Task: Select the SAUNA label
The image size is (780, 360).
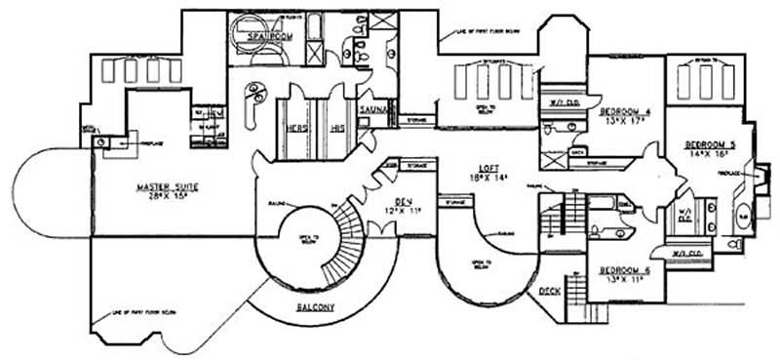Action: click(x=375, y=111)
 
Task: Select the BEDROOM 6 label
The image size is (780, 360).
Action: click(x=624, y=270)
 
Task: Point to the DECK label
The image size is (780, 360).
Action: click(x=550, y=290)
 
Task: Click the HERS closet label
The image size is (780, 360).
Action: click(x=294, y=126)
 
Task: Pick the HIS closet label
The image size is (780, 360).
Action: click(x=337, y=127)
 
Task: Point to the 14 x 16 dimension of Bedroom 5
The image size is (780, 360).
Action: click(x=710, y=154)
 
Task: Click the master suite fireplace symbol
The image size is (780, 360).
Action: click(x=112, y=143)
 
